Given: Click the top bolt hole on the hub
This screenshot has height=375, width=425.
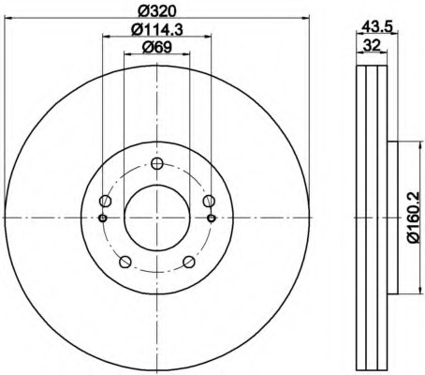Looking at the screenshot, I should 157,164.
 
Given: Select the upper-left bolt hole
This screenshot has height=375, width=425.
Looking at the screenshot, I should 106,202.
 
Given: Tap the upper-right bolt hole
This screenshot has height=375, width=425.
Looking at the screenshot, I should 209,202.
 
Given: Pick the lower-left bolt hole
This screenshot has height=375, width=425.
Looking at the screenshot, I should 125,262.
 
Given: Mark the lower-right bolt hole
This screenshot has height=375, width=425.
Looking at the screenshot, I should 189,262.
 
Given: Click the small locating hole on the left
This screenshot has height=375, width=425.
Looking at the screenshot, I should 102,218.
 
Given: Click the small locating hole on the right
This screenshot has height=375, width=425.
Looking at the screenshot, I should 212,218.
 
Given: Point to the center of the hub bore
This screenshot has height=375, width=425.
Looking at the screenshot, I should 157,218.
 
